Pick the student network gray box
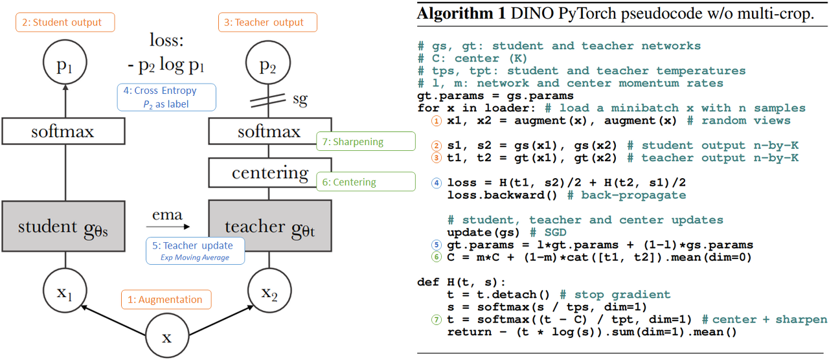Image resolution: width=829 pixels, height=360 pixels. click(63, 227)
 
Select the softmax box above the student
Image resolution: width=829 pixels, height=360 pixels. click(63, 132)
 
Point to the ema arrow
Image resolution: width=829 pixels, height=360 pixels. click(167, 227)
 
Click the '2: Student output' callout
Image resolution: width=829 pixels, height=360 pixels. click(65, 22)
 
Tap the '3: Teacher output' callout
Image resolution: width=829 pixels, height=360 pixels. click(267, 22)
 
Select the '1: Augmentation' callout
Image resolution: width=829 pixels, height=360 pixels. click(166, 299)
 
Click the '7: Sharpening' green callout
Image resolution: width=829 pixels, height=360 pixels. click(366, 141)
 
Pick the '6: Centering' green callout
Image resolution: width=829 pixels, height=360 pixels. click(365, 182)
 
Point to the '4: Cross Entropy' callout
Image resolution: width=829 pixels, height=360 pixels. click(167, 96)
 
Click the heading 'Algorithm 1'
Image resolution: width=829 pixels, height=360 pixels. click(460, 14)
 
